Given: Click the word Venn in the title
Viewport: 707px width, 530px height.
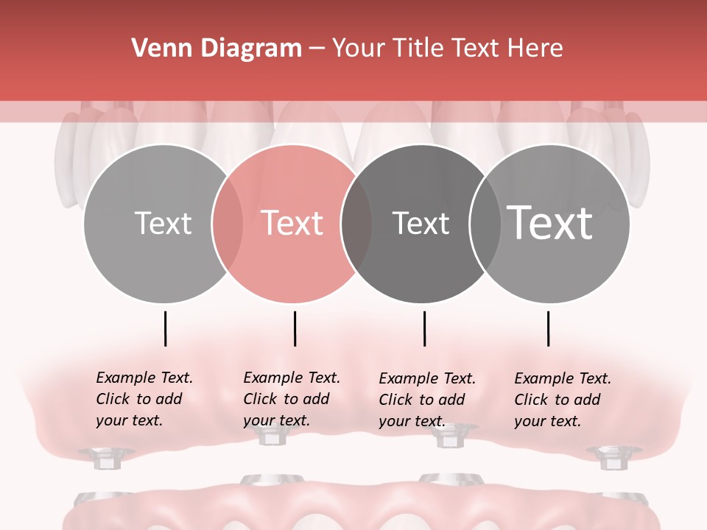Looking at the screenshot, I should (156, 49).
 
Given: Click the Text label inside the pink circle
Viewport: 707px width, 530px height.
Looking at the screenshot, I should (292, 223).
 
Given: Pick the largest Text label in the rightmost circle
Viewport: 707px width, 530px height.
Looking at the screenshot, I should (550, 222).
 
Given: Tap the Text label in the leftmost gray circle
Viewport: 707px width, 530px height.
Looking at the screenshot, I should (163, 223).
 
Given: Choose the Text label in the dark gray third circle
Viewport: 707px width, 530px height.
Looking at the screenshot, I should (421, 223).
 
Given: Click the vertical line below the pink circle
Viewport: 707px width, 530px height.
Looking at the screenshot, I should (295, 328).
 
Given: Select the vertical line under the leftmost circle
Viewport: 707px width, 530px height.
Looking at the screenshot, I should (166, 328).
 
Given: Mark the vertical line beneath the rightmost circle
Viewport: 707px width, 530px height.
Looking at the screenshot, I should (549, 328).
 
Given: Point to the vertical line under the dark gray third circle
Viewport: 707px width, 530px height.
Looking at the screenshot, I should (425, 328).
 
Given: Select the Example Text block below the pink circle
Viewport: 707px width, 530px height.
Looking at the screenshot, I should (292, 399).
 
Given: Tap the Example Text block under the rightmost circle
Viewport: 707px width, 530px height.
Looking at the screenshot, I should (563, 400).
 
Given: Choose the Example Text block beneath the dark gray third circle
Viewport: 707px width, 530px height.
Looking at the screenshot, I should (427, 400).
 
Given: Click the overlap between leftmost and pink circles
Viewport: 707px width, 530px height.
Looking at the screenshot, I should (228, 224).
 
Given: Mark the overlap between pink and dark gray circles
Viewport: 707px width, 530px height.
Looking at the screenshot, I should (356, 224).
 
